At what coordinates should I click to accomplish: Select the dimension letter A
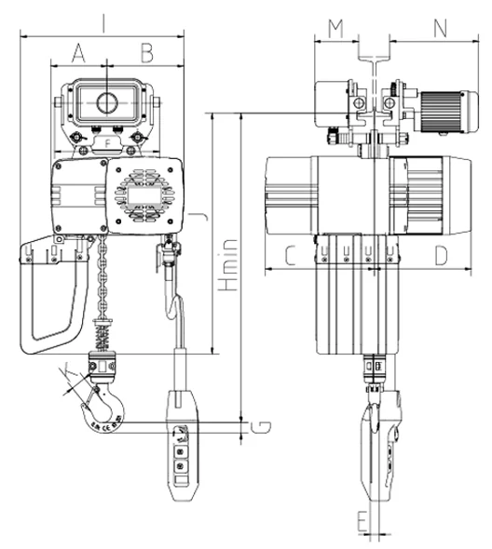click(78, 51)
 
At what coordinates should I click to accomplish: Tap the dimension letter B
click(146, 51)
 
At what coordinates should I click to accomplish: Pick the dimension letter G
click(263, 426)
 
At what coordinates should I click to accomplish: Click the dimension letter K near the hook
click(63, 374)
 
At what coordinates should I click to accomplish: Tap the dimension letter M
click(335, 28)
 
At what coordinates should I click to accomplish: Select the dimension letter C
click(289, 254)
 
